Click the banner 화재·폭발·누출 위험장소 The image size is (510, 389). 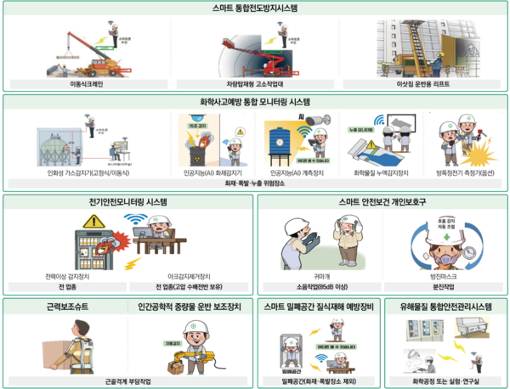pos(254,183)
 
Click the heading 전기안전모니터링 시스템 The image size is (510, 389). pos(128,202)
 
